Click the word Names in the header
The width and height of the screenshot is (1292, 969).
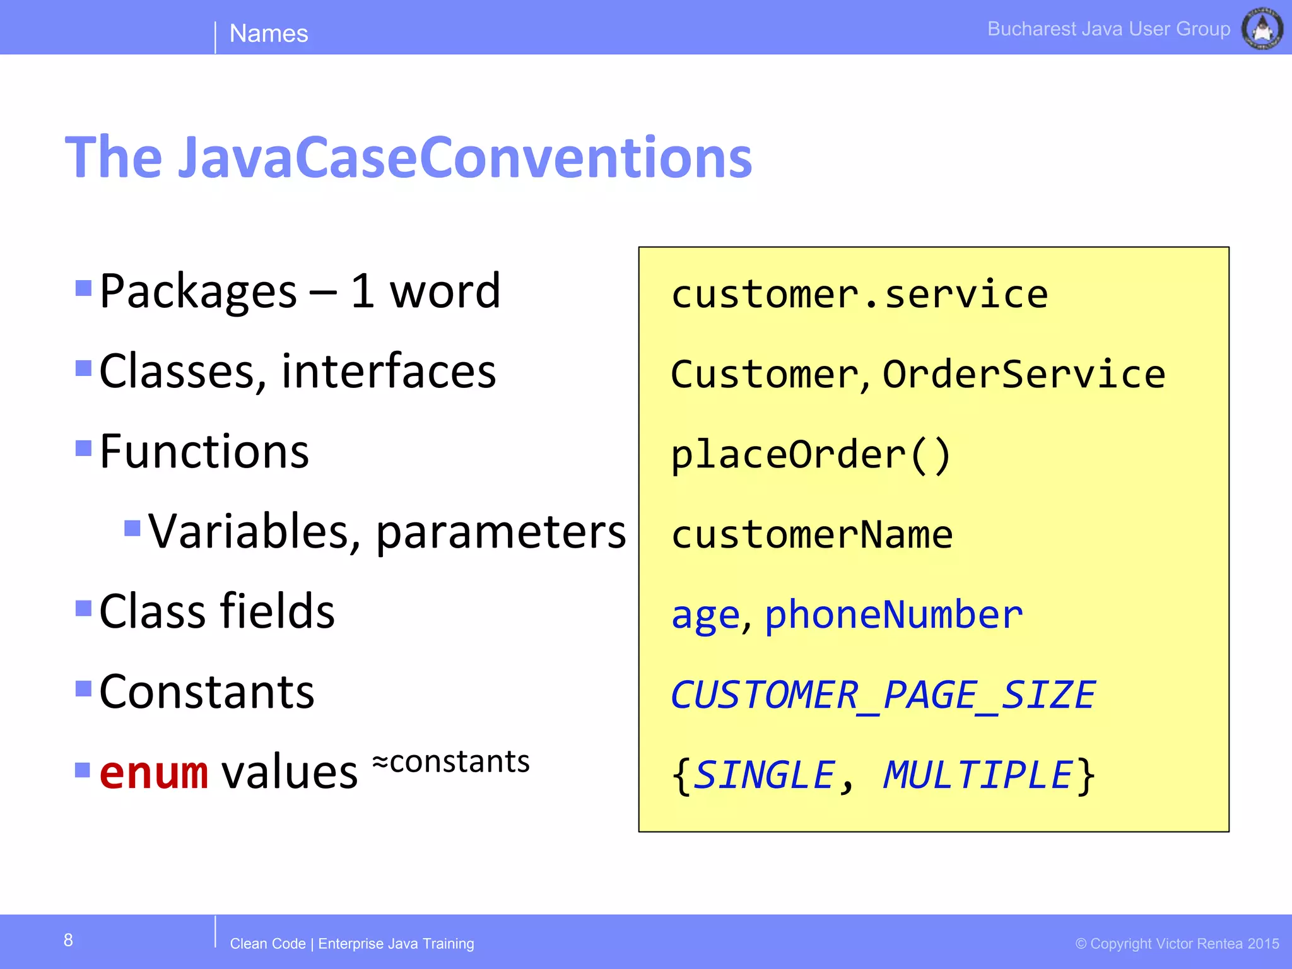(268, 33)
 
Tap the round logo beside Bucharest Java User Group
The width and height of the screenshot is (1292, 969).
(1262, 28)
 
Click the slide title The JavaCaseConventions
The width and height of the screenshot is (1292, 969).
(408, 157)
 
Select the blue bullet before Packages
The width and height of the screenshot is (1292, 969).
(83, 288)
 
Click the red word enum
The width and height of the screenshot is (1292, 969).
(153, 772)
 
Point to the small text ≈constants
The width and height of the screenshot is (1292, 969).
(450, 761)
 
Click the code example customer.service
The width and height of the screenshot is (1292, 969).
(859, 295)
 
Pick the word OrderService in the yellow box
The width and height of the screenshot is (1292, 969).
(1023, 374)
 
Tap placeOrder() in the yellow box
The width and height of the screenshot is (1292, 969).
(810, 455)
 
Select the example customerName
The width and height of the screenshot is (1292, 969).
(811, 535)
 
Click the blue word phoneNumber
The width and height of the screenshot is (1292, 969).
(893, 614)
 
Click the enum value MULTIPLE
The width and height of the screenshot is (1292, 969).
(977, 775)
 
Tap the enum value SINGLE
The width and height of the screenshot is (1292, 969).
(764, 775)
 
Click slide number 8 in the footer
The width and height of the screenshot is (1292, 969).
(68, 941)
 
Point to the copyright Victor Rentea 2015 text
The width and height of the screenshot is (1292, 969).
(1177, 944)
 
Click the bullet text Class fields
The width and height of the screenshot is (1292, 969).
(216, 611)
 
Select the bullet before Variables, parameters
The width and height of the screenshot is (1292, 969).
(132, 527)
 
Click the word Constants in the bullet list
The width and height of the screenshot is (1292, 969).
(206, 692)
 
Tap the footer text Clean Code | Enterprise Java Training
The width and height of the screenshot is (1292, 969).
(351, 944)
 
